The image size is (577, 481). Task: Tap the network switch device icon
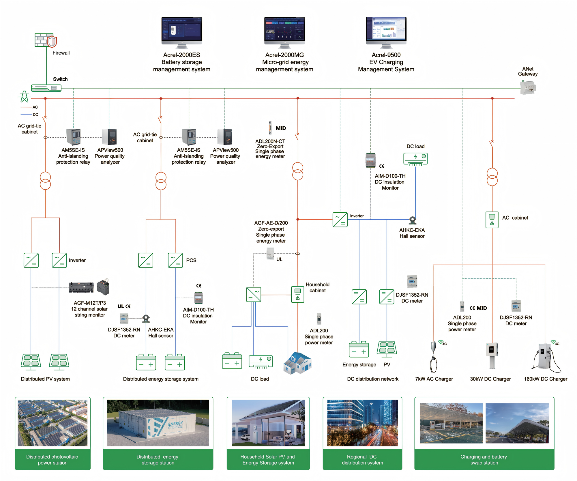point(46,88)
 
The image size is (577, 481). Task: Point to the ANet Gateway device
point(528,87)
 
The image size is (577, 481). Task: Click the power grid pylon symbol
point(25,97)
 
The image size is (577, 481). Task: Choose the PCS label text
point(191,260)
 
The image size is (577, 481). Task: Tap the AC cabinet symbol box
point(492,220)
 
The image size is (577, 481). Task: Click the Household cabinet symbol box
point(297,294)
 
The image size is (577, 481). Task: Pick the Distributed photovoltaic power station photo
point(53,423)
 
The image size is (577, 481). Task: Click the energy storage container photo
point(158,423)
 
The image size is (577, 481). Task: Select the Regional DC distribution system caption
point(362,460)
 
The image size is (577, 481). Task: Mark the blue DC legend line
point(26,115)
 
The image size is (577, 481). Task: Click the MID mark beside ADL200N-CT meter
point(281,128)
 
